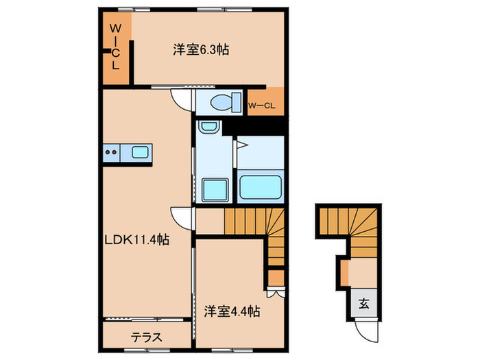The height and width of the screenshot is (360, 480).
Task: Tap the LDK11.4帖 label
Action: [x=137, y=239]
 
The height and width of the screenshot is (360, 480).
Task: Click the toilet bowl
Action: [x=221, y=104]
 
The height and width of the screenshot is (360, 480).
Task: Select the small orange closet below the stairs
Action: [x=275, y=278]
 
